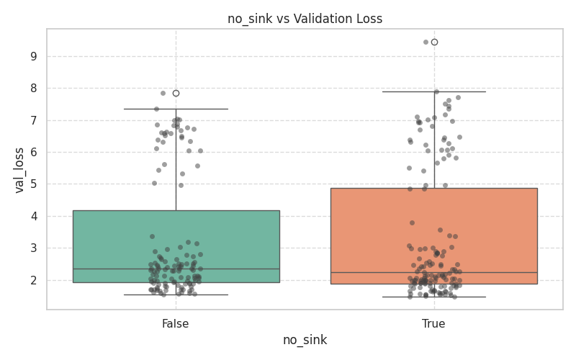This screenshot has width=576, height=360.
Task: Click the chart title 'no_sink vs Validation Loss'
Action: pyautogui.click(x=305, y=19)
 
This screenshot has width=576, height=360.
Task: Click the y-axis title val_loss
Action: pyautogui.click(x=20, y=169)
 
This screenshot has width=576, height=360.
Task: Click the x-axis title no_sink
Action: pyautogui.click(x=305, y=340)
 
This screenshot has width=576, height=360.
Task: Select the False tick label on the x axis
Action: pyautogui.click(x=176, y=324)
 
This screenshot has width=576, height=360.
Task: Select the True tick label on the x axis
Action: pyautogui.click(x=433, y=324)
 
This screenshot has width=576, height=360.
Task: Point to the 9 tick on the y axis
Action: pyautogui.click(x=32, y=56)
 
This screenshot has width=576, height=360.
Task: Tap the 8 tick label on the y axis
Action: pyautogui.click(x=32, y=89)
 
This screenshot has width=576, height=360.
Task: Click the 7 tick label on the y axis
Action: pyautogui.click(x=32, y=120)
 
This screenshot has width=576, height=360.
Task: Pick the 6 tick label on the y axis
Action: pyautogui.click(x=32, y=153)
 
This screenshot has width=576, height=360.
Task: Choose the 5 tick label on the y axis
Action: pyautogui.click(x=32, y=184)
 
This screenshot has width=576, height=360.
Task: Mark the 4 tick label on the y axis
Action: pyautogui.click(x=32, y=216)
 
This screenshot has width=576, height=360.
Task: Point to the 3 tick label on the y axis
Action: pyautogui.click(x=32, y=248)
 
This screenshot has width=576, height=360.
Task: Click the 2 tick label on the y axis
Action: pyautogui.click(x=32, y=280)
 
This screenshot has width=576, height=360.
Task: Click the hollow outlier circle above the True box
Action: pyautogui.click(x=434, y=42)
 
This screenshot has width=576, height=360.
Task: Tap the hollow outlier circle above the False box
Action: pyautogui.click(x=176, y=93)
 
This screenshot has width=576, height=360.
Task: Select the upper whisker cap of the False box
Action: pyautogui.click(x=176, y=109)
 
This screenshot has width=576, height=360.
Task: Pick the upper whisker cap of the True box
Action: pyautogui.click(x=434, y=91)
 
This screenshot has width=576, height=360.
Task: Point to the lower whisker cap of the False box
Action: pyautogui.click(x=176, y=294)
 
